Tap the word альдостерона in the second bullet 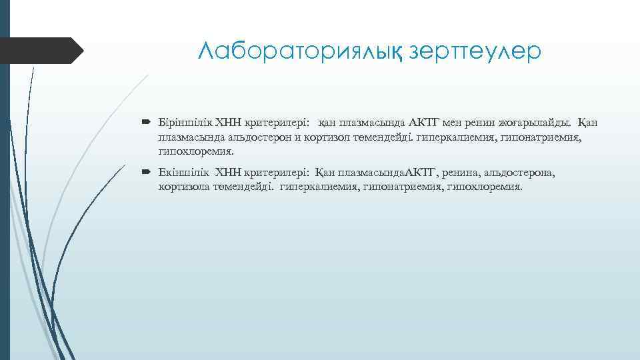(x=516, y=173)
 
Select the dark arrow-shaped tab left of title (x=41, y=50)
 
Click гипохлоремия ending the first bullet (x=197, y=151)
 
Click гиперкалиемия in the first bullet (x=465, y=137)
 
